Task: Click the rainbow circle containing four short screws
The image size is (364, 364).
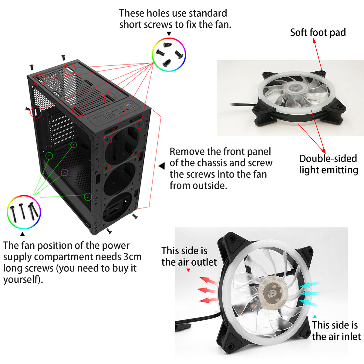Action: (x=169, y=38)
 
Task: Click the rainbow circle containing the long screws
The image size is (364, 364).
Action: (x=24, y=196)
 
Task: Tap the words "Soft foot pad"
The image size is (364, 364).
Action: (x=318, y=32)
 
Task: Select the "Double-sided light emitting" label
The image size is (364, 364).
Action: (x=329, y=164)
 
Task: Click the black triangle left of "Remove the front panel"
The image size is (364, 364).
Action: (x=162, y=166)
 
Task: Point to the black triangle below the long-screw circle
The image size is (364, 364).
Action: (x=22, y=234)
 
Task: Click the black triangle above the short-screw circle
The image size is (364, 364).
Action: (x=169, y=34)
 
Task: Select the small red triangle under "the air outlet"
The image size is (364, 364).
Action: (x=188, y=270)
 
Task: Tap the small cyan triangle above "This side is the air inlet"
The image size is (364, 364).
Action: (x=315, y=316)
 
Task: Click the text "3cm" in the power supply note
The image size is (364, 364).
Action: (x=133, y=257)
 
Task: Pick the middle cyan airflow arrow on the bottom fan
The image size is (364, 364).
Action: (x=310, y=293)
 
